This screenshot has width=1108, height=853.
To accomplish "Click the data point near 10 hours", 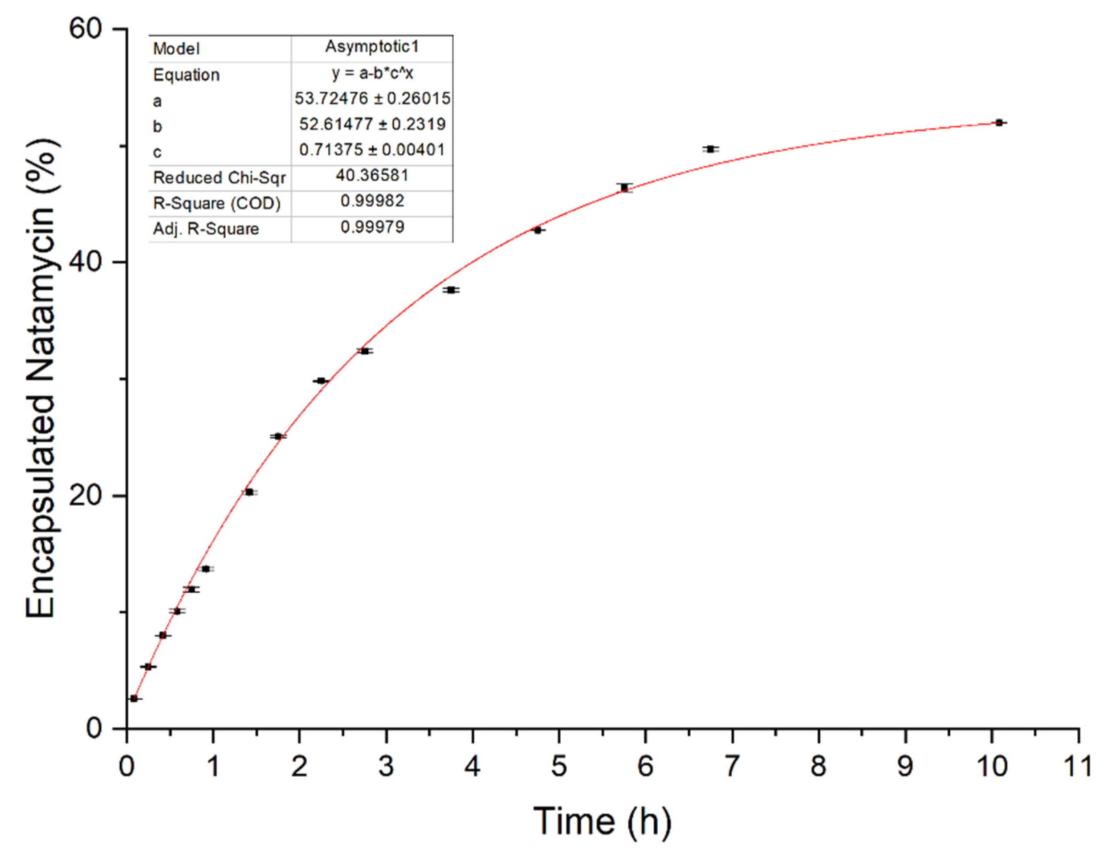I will [x=999, y=123].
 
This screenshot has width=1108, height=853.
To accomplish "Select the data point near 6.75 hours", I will [x=711, y=149].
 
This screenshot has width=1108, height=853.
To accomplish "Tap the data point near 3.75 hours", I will [x=451, y=290].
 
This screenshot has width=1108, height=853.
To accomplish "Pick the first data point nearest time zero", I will [x=134, y=699].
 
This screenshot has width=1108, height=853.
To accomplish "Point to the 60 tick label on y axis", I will [x=86, y=29].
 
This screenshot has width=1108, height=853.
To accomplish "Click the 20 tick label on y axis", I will [x=86, y=495].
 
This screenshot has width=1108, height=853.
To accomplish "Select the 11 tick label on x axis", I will [x=1077, y=766].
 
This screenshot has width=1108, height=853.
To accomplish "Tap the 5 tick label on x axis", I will [x=558, y=766].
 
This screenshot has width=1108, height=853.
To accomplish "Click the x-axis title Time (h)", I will [x=602, y=821].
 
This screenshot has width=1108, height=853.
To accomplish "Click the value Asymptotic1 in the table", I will [x=372, y=47].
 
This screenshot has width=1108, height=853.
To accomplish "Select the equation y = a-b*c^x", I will [x=372, y=73].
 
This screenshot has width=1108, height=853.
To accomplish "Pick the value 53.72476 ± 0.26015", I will [x=372, y=98].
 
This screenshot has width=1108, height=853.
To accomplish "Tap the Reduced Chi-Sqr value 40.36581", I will [x=372, y=176].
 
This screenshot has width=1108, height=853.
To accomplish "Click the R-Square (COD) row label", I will [x=216, y=203].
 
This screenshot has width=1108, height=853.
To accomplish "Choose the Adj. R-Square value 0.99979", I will [x=372, y=227].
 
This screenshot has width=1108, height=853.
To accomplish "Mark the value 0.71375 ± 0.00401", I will [x=372, y=150].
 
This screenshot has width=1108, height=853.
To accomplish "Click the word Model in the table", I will [x=176, y=49].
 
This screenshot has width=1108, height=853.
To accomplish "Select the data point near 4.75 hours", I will [x=538, y=230].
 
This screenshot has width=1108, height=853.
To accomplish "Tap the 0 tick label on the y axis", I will [x=94, y=729].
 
